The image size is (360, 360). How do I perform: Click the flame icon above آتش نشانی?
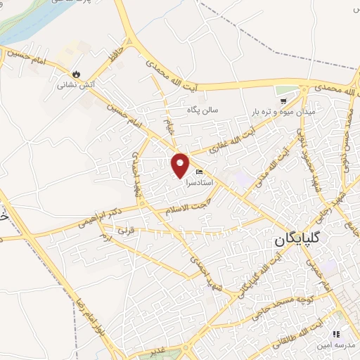(76, 74)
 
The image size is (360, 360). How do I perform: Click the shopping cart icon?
(283, 101)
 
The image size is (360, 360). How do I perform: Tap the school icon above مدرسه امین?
(337, 333)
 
